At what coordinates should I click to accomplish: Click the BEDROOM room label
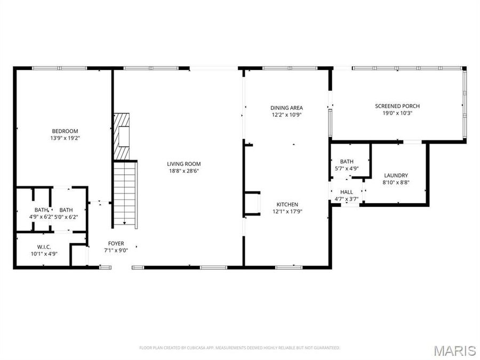(65, 131)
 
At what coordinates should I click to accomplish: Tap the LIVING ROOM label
(184, 164)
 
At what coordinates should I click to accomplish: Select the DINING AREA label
(286, 108)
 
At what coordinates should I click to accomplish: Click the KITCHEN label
(287, 204)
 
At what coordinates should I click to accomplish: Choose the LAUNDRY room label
(396, 175)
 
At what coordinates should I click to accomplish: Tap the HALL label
(347, 192)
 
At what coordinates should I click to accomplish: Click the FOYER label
(116, 243)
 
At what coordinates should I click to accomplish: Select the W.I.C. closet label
(44, 246)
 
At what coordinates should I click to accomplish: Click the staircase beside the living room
(125, 195)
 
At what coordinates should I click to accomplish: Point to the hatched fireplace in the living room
(122, 136)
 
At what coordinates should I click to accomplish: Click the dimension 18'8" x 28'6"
(184, 171)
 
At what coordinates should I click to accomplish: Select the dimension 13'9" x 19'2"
(65, 138)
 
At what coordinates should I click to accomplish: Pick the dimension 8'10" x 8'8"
(396, 182)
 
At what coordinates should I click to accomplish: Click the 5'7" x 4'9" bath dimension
(347, 169)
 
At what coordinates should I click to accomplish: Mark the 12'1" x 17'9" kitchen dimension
(287, 212)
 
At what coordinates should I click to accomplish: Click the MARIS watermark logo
(454, 350)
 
